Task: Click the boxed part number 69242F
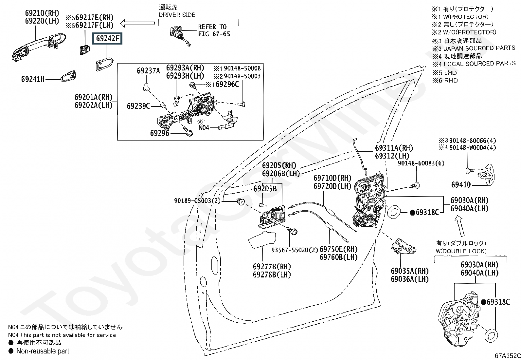[x=107, y=38]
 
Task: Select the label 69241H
[x=33, y=79]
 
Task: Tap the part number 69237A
[x=148, y=70]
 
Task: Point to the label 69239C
[x=138, y=106]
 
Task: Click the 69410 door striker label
[x=461, y=185]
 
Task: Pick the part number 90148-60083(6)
[x=421, y=163]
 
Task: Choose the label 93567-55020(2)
[x=295, y=250]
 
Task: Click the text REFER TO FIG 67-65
[x=214, y=30]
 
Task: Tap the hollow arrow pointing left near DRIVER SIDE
[x=137, y=23]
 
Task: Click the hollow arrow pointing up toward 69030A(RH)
[x=459, y=226]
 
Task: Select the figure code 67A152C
[x=508, y=355]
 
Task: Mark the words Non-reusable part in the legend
[x=43, y=351]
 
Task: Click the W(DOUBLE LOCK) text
[x=461, y=251]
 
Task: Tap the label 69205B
[x=265, y=188]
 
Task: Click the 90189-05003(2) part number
[x=197, y=200]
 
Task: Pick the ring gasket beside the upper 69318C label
[x=394, y=212]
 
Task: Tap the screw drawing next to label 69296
[x=188, y=131]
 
